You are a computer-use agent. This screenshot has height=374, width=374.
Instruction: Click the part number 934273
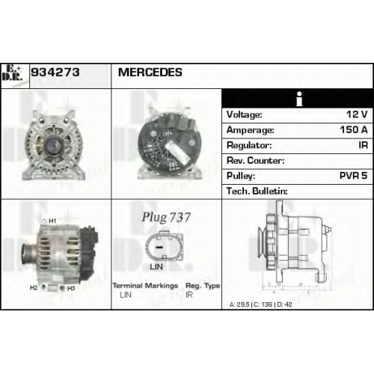coord(55,73)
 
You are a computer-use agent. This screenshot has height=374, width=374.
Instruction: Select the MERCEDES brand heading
coord(150,73)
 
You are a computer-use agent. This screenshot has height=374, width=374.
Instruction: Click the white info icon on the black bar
coord(299,99)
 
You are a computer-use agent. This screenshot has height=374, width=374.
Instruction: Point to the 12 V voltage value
coord(357,114)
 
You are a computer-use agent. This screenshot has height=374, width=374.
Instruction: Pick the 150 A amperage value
coord(354,129)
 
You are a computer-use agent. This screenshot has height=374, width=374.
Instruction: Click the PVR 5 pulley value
coord(354,176)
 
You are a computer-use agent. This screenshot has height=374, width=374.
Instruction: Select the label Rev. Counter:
coord(256,161)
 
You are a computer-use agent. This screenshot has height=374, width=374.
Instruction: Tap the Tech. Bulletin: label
coord(257,191)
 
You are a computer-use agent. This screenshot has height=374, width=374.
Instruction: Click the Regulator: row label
coord(249,145)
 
